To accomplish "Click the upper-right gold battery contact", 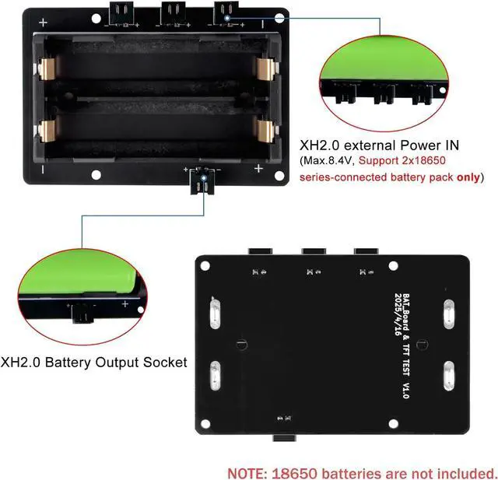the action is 267,70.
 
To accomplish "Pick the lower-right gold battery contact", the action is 267,132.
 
